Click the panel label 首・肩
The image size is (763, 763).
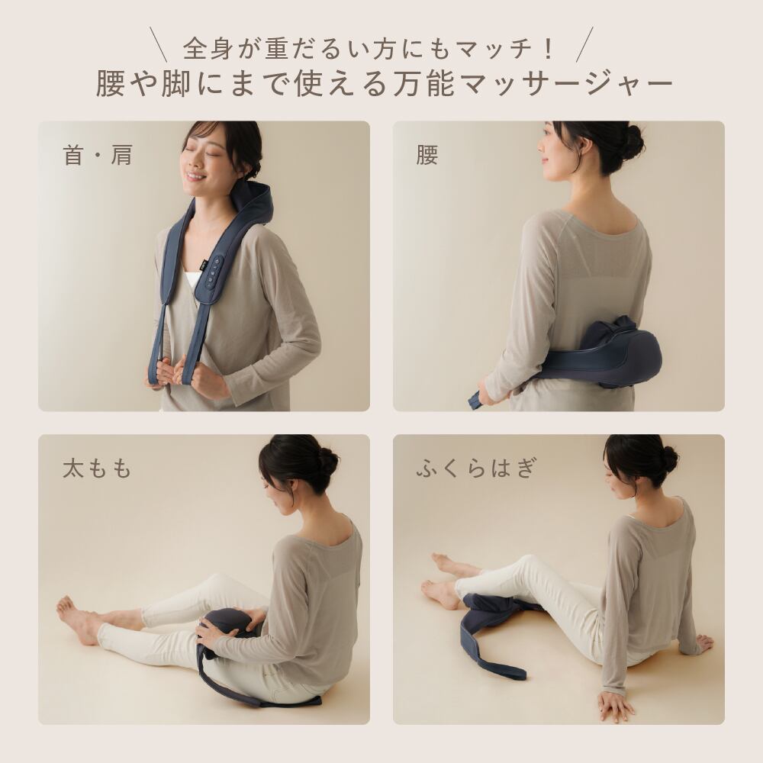(x=98, y=156)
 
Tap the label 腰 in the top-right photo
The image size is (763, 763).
(x=427, y=156)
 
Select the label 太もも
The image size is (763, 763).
(x=98, y=468)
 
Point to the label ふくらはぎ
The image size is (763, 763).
(x=476, y=468)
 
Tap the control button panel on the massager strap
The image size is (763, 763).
(x=213, y=272)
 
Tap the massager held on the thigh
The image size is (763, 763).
(x=230, y=632)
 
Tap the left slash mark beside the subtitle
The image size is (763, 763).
(x=159, y=45)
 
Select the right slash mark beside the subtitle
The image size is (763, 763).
(x=584, y=45)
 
